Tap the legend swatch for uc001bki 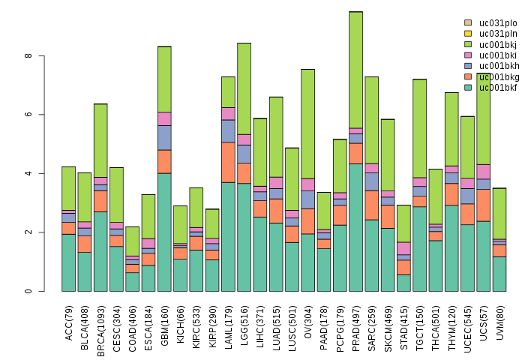click(468, 55)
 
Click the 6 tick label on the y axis click(28, 115)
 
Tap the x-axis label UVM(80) click(499, 321)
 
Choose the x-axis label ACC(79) click(69, 321)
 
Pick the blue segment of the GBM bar click(165, 137)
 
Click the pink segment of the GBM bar click(165, 118)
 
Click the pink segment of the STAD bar click(404, 248)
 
